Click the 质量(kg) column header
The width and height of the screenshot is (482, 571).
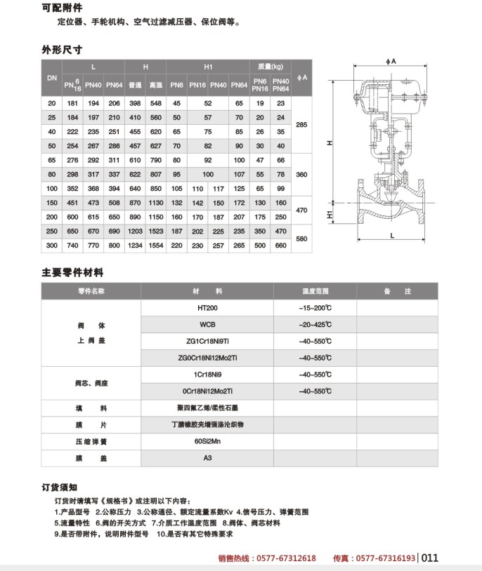pyautogui.click(x=270, y=67)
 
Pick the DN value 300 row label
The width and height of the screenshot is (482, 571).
pyautogui.click(x=51, y=246)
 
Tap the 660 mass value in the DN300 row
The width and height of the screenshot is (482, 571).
pyautogui.click(x=280, y=246)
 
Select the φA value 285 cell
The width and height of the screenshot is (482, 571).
pyautogui.click(x=303, y=124)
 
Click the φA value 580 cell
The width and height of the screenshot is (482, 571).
pyautogui.click(x=303, y=239)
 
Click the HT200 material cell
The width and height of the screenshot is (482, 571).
pyautogui.click(x=207, y=308)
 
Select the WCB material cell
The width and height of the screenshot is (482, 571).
pyautogui.click(x=207, y=325)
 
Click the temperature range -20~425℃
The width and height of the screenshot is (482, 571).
pyautogui.click(x=315, y=325)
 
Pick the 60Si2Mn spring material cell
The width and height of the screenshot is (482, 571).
pyautogui.click(x=207, y=442)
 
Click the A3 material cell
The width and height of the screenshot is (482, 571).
pyautogui.click(x=207, y=458)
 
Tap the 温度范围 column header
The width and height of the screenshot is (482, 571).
pyautogui.click(x=315, y=290)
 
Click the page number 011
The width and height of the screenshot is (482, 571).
pyautogui.click(x=430, y=558)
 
